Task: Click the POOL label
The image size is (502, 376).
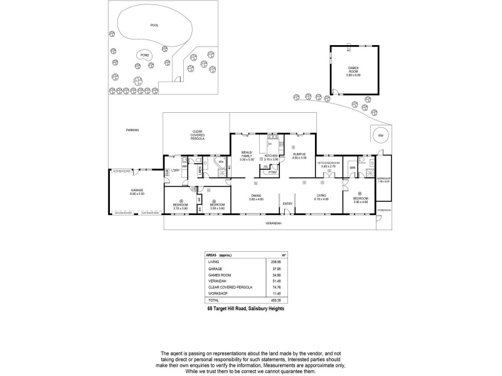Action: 154,26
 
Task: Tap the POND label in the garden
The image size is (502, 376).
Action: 145,55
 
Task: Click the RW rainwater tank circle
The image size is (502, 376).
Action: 380,136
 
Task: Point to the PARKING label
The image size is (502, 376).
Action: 132,130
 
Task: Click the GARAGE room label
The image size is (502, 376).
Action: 137,190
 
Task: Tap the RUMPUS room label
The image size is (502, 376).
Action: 299,155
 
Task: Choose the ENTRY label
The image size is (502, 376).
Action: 287,204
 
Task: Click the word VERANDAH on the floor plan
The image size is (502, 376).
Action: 272,224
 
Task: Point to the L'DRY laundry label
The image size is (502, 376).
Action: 175,171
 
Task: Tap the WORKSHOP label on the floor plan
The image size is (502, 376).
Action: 383,179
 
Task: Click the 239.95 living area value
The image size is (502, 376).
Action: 274,261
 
